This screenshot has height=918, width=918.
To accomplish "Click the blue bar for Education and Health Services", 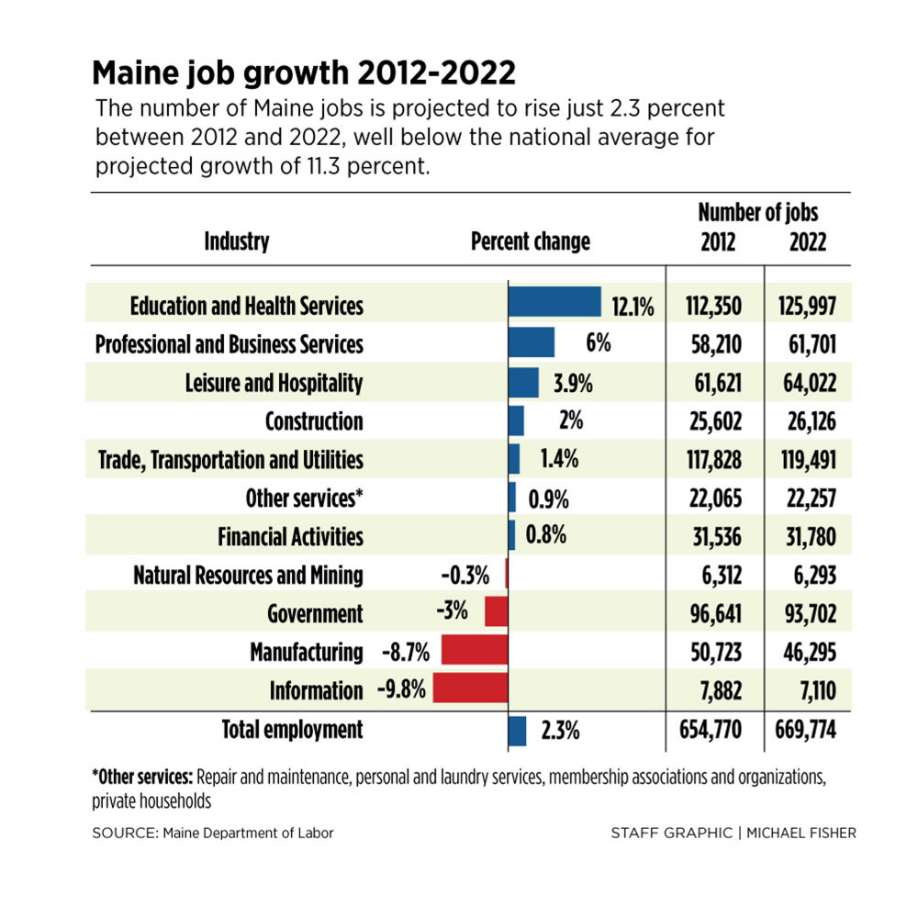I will point(554,303).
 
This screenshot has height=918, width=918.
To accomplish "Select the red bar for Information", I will point(470,688).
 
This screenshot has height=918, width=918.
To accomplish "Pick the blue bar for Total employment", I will point(517,731).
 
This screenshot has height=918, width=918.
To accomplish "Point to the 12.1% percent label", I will point(633,307).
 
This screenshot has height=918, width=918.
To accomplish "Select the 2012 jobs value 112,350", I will point(713,307).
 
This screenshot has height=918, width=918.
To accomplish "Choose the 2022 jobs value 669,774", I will point(807,731).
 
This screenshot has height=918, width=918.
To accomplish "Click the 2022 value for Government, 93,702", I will point(807,613).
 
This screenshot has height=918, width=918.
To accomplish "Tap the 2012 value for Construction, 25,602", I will point(713,421).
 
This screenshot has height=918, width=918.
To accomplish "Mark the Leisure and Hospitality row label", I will point(274,383).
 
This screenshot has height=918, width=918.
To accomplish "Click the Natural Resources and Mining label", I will point(248,576).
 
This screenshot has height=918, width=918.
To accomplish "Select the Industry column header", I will point(237,241).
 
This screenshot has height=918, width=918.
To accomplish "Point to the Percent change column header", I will point(531,241).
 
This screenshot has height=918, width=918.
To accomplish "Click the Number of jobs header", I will point(758,213).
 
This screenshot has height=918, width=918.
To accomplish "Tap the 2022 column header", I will point(808,241).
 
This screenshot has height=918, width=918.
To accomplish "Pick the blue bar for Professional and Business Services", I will point(532,342).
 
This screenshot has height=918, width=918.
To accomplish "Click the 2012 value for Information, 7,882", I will point(719,690).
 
